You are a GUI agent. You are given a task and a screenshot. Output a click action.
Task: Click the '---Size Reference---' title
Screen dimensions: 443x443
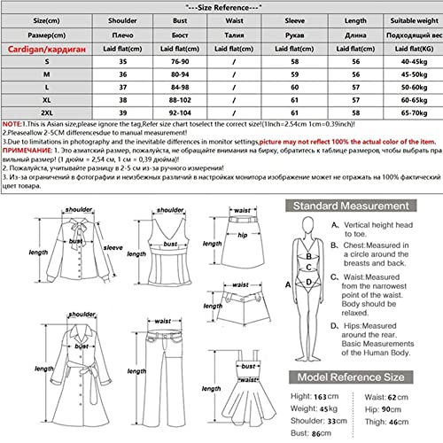[221, 5]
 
